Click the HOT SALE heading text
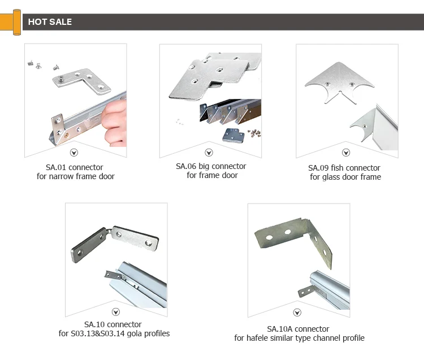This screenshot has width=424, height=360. (50, 22)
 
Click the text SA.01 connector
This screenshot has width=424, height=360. (75, 167)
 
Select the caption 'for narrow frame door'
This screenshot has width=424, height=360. (75, 176)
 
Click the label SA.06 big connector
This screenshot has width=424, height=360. (211, 166)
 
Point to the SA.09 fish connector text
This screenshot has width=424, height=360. (344, 168)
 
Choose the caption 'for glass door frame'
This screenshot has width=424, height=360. (345, 177)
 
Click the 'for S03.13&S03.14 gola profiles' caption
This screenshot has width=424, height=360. (114, 333)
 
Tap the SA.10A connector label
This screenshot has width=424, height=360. (298, 329)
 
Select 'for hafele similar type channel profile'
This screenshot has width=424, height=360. (299, 338)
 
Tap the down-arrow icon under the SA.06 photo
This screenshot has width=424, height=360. (209, 153)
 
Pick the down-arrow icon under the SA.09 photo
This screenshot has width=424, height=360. (346, 153)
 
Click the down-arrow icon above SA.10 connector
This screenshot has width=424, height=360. (116, 311)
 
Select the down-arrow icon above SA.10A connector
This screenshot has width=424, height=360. (297, 313)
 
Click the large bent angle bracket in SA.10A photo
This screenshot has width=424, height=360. (295, 237)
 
